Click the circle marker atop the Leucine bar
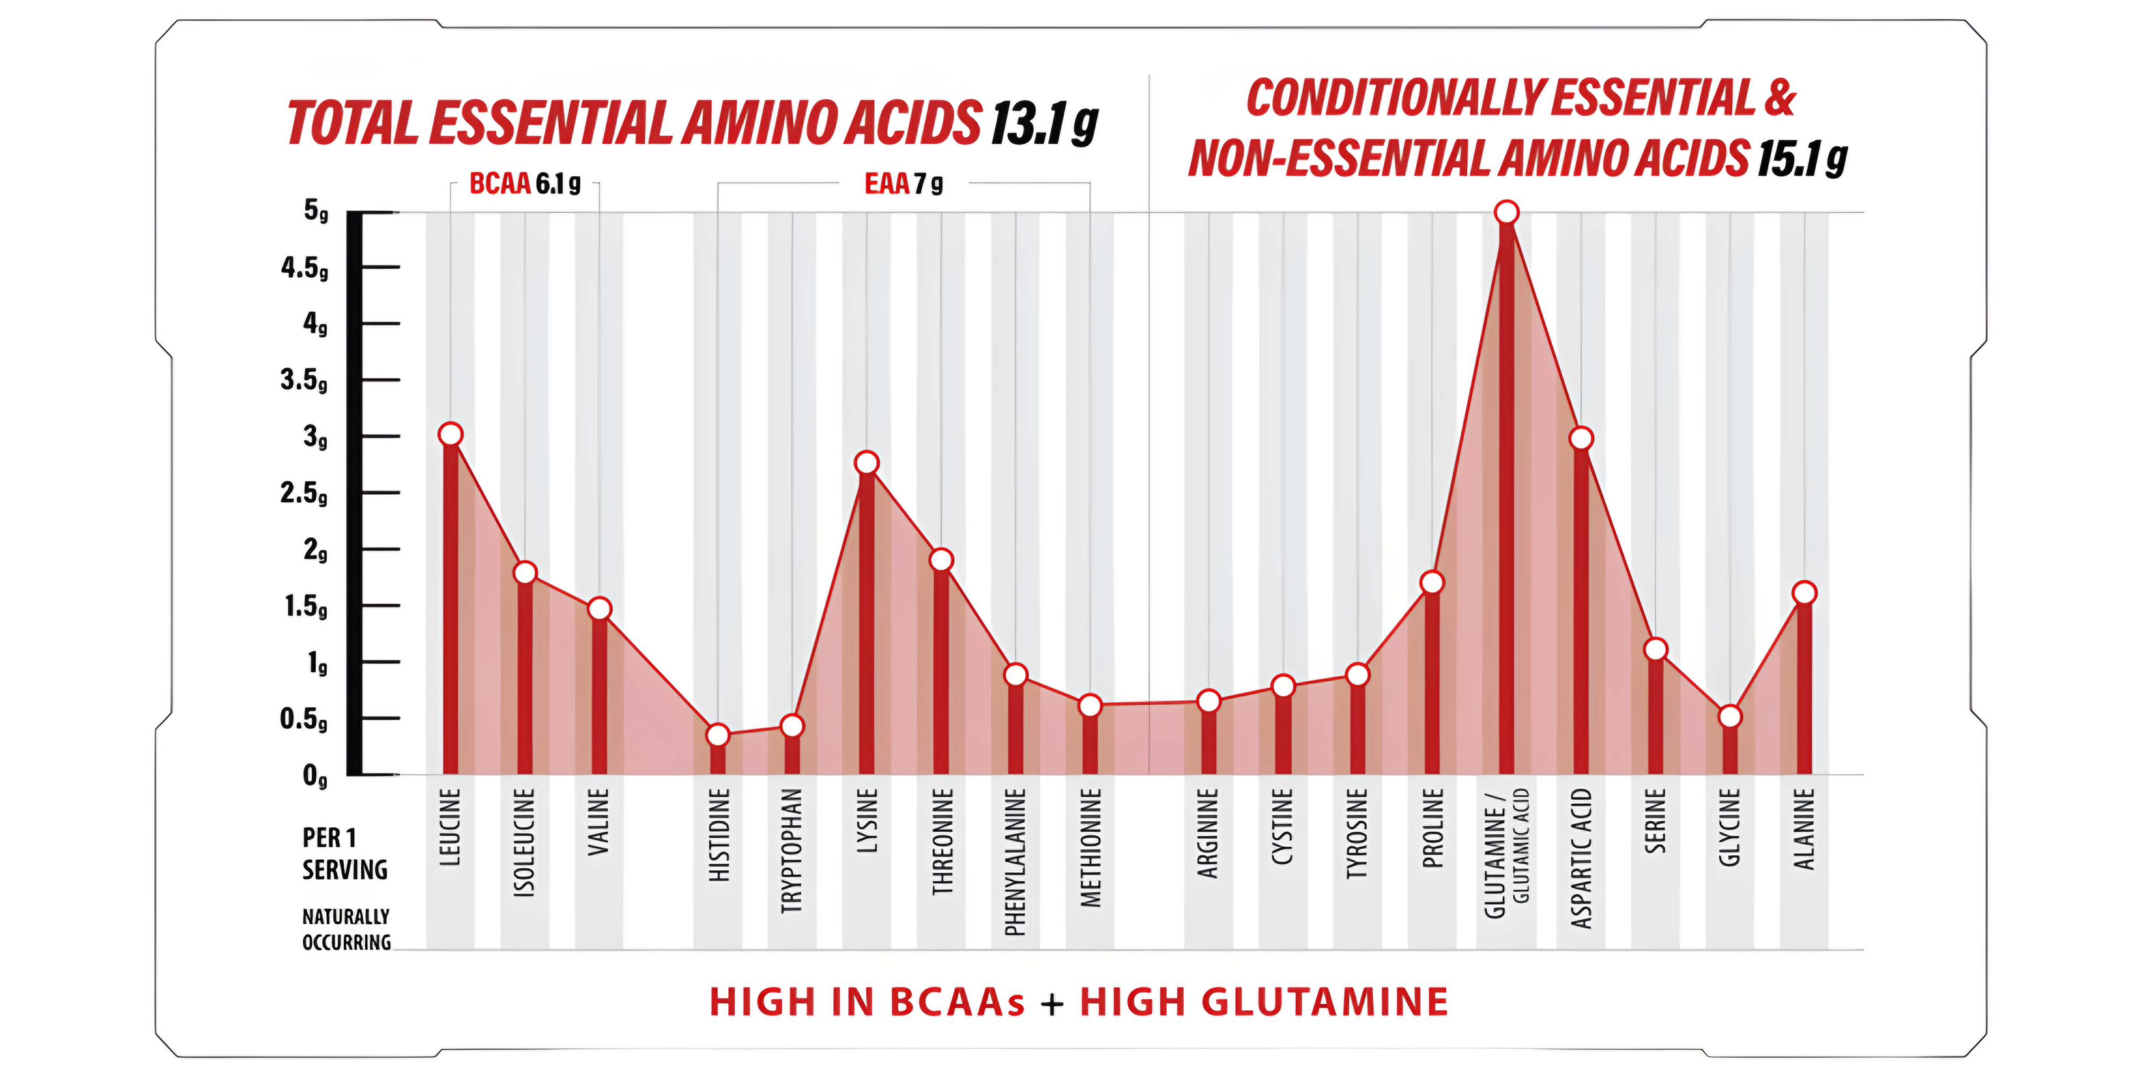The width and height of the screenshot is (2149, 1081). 451,435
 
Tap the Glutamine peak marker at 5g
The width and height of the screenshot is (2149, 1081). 1506,213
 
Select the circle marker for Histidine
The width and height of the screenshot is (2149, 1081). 717,736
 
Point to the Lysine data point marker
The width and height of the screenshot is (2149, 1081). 867,463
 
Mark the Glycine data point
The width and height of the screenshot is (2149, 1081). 1729,717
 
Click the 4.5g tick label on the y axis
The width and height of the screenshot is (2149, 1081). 305,268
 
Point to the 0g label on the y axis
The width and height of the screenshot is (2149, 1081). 314,776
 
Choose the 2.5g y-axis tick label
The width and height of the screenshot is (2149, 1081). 305,493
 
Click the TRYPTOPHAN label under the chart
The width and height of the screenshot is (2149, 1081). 792,851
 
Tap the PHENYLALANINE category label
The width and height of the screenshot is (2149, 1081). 1015,862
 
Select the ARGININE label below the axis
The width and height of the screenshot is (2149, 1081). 1208,833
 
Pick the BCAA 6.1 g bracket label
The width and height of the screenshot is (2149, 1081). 525,184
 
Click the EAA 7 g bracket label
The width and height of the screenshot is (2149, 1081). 904,184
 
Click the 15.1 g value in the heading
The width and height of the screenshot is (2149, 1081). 1802,158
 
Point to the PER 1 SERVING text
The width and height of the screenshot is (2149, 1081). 344,853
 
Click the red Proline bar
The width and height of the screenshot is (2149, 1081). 1432,684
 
